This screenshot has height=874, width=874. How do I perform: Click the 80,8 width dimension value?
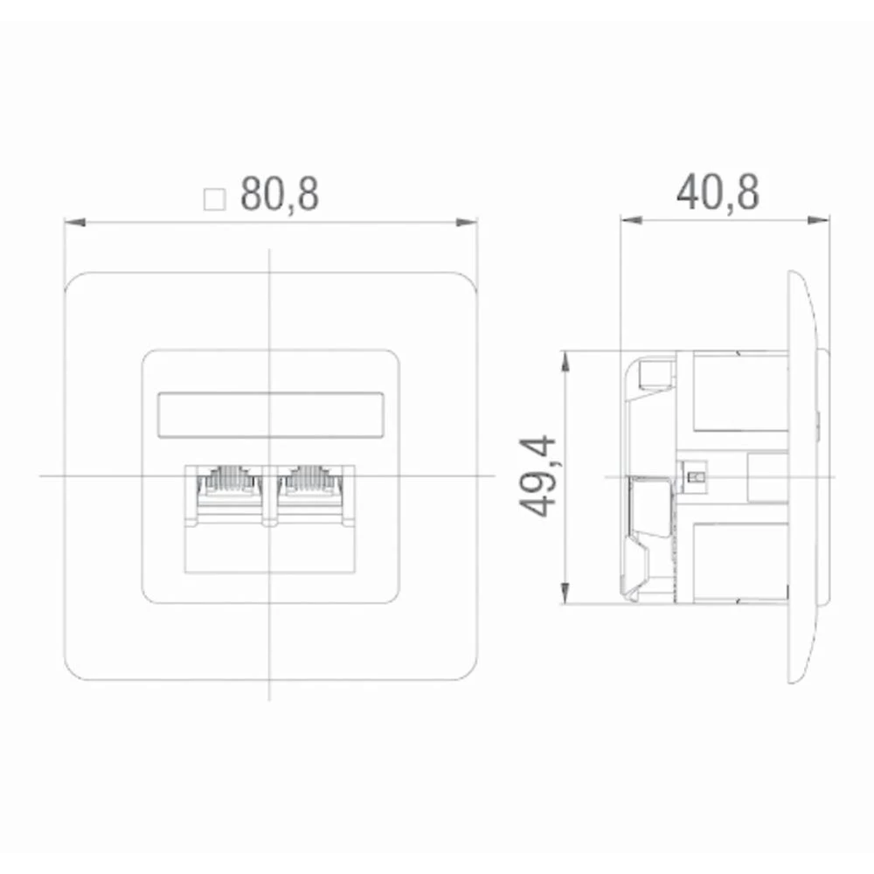tap(280, 196)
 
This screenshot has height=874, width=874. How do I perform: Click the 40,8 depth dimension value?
tap(718, 194)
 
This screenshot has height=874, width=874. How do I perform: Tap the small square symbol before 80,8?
tap(214, 198)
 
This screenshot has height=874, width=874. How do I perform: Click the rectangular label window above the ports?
tap(270, 414)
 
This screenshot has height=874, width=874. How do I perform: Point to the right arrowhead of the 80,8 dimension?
tap(473, 221)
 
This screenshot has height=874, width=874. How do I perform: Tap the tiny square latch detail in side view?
tap(696, 477)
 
